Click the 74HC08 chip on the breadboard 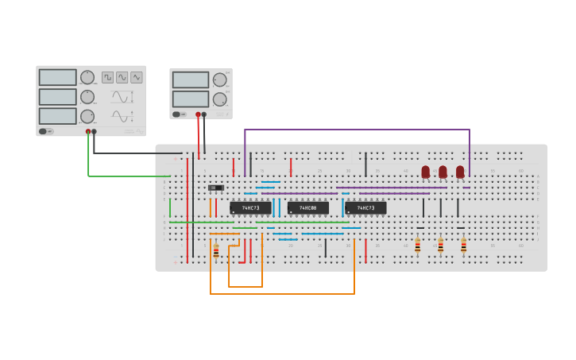click(x=307, y=208)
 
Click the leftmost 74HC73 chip click(x=250, y=208)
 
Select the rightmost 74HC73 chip click(x=365, y=208)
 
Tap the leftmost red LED click(x=426, y=172)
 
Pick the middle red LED click(x=443, y=172)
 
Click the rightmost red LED click(x=460, y=172)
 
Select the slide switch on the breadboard click(x=215, y=188)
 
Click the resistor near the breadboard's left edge click(x=216, y=250)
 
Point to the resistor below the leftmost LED click(x=417, y=246)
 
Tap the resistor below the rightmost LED click(x=464, y=246)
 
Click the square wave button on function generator click(x=107, y=77)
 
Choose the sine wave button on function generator click(x=122, y=77)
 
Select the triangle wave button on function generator click(x=137, y=77)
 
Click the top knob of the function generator click(x=87, y=77)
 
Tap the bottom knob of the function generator click(x=87, y=116)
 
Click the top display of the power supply click(x=191, y=80)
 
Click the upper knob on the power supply click(x=219, y=79)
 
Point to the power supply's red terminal click(x=198, y=114)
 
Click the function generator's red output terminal click(x=88, y=131)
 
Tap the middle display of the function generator click(x=58, y=97)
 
